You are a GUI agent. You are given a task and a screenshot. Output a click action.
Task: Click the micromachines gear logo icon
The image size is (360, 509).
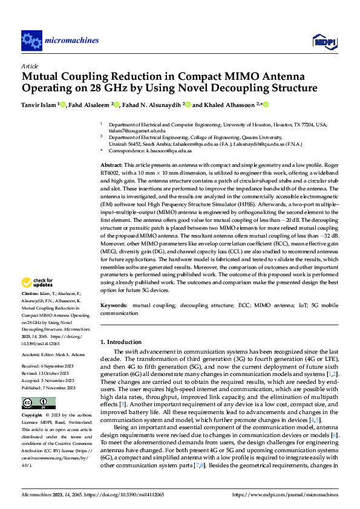tap(31, 41)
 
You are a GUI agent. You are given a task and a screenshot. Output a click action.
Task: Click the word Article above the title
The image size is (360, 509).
tap(30, 66)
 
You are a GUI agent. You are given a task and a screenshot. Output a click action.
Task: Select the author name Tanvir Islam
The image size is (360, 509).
tap(39, 105)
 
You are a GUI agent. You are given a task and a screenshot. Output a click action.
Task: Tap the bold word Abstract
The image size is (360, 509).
tap(112, 165)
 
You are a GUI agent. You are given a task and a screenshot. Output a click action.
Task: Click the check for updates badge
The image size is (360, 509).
tap(38, 282)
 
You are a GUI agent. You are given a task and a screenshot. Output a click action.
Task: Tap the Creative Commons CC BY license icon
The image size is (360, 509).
tap(30, 403)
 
